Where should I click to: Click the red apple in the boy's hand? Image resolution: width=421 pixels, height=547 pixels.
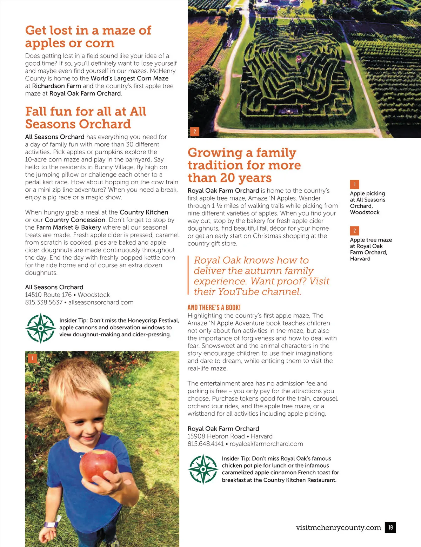coord(98,465)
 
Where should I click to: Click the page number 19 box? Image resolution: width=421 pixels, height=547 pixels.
coord(390,527)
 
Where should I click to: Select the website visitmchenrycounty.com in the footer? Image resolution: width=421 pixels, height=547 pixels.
coord(338,527)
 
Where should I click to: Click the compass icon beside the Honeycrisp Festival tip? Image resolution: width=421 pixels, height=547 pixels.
coord(41,328)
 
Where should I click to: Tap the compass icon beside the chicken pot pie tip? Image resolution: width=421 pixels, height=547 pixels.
coord(203,469)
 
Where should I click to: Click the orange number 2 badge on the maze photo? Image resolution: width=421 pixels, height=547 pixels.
coord(195,132)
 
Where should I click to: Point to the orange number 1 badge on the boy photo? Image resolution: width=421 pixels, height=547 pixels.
coord(32,358)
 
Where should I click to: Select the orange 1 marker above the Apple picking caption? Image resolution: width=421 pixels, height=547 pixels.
coord(354,184)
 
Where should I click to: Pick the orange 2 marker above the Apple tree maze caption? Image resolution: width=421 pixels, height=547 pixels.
coord(354,231)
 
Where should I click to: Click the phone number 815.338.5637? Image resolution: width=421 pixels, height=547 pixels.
coord(44,302)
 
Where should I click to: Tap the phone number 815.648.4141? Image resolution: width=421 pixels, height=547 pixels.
coord(205,444)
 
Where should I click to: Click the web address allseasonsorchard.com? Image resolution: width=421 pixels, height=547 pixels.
coord(101,302)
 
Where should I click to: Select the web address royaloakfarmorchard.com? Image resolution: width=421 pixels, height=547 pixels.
coord(266,444)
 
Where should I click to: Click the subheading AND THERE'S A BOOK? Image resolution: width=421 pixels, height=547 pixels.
coord(214,308)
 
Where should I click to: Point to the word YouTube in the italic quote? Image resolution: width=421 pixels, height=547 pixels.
coord(239,292)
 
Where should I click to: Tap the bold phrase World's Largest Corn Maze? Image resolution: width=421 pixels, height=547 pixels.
coord(129,78)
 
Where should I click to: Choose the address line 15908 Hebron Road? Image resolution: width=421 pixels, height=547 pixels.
coord(216,436)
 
